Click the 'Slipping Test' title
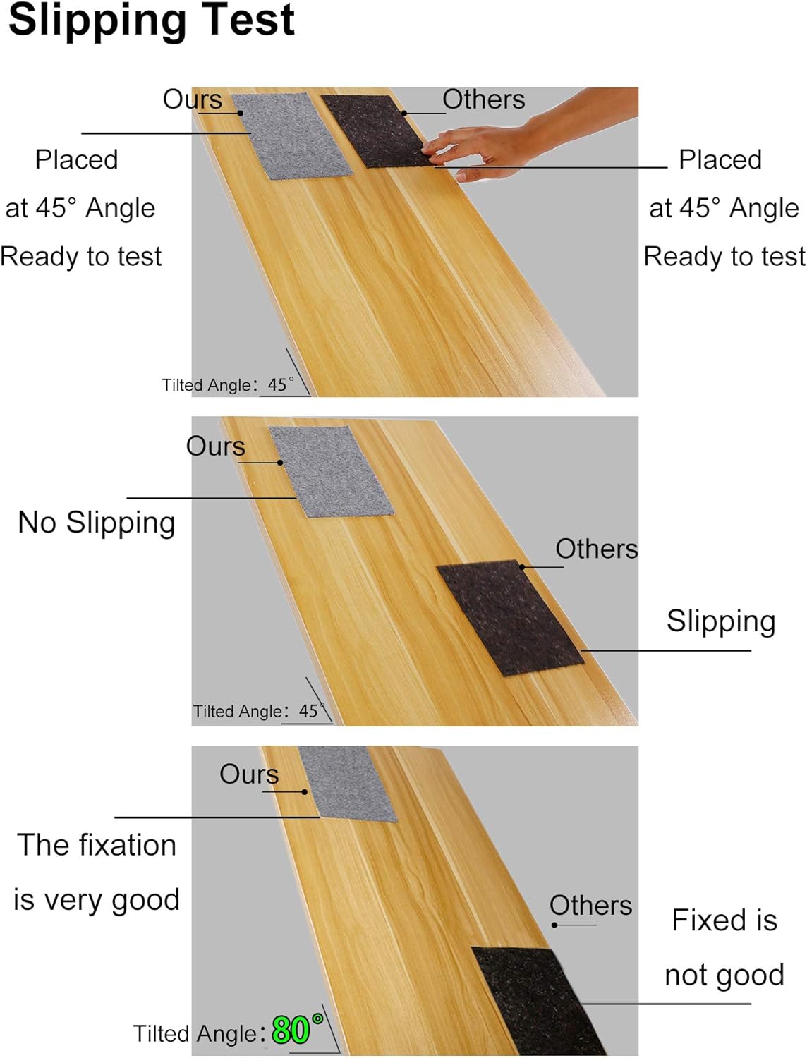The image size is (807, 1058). pyautogui.click(x=151, y=20)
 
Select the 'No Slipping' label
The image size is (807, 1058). pyautogui.click(x=97, y=523)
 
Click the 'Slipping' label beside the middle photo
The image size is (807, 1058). pyautogui.click(x=720, y=621)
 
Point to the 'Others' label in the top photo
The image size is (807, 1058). pyautogui.click(x=483, y=99)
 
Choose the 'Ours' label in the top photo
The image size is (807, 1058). pyautogui.click(x=192, y=99)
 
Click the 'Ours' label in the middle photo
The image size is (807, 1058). pyautogui.click(x=215, y=446)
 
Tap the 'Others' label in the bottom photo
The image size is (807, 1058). pyautogui.click(x=590, y=906)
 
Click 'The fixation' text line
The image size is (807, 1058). pyautogui.click(x=97, y=845)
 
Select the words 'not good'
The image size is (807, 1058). pyautogui.click(x=724, y=975)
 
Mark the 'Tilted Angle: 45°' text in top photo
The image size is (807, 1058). pyautogui.click(x=227, y=385)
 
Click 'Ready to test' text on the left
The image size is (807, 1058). pyautogui.click(x=81, y=256)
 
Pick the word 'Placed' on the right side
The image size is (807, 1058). pyautogui.click(x=720, y=160)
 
